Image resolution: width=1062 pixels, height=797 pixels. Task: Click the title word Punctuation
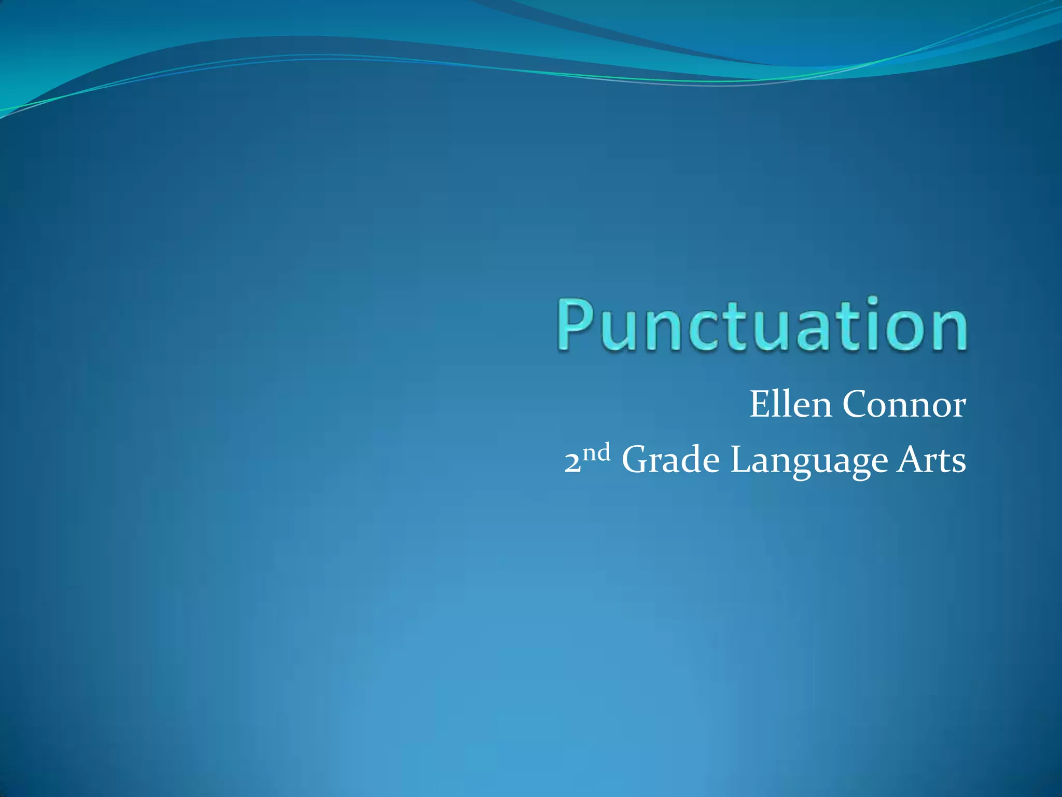tap(762, 325)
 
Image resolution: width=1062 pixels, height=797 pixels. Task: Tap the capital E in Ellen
tap(760, 404)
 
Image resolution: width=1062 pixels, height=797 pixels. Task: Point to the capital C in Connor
tap(855, 404)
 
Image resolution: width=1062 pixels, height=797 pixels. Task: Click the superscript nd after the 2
tap(596, 453)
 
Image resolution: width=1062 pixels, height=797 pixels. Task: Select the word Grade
tap(670, 460)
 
